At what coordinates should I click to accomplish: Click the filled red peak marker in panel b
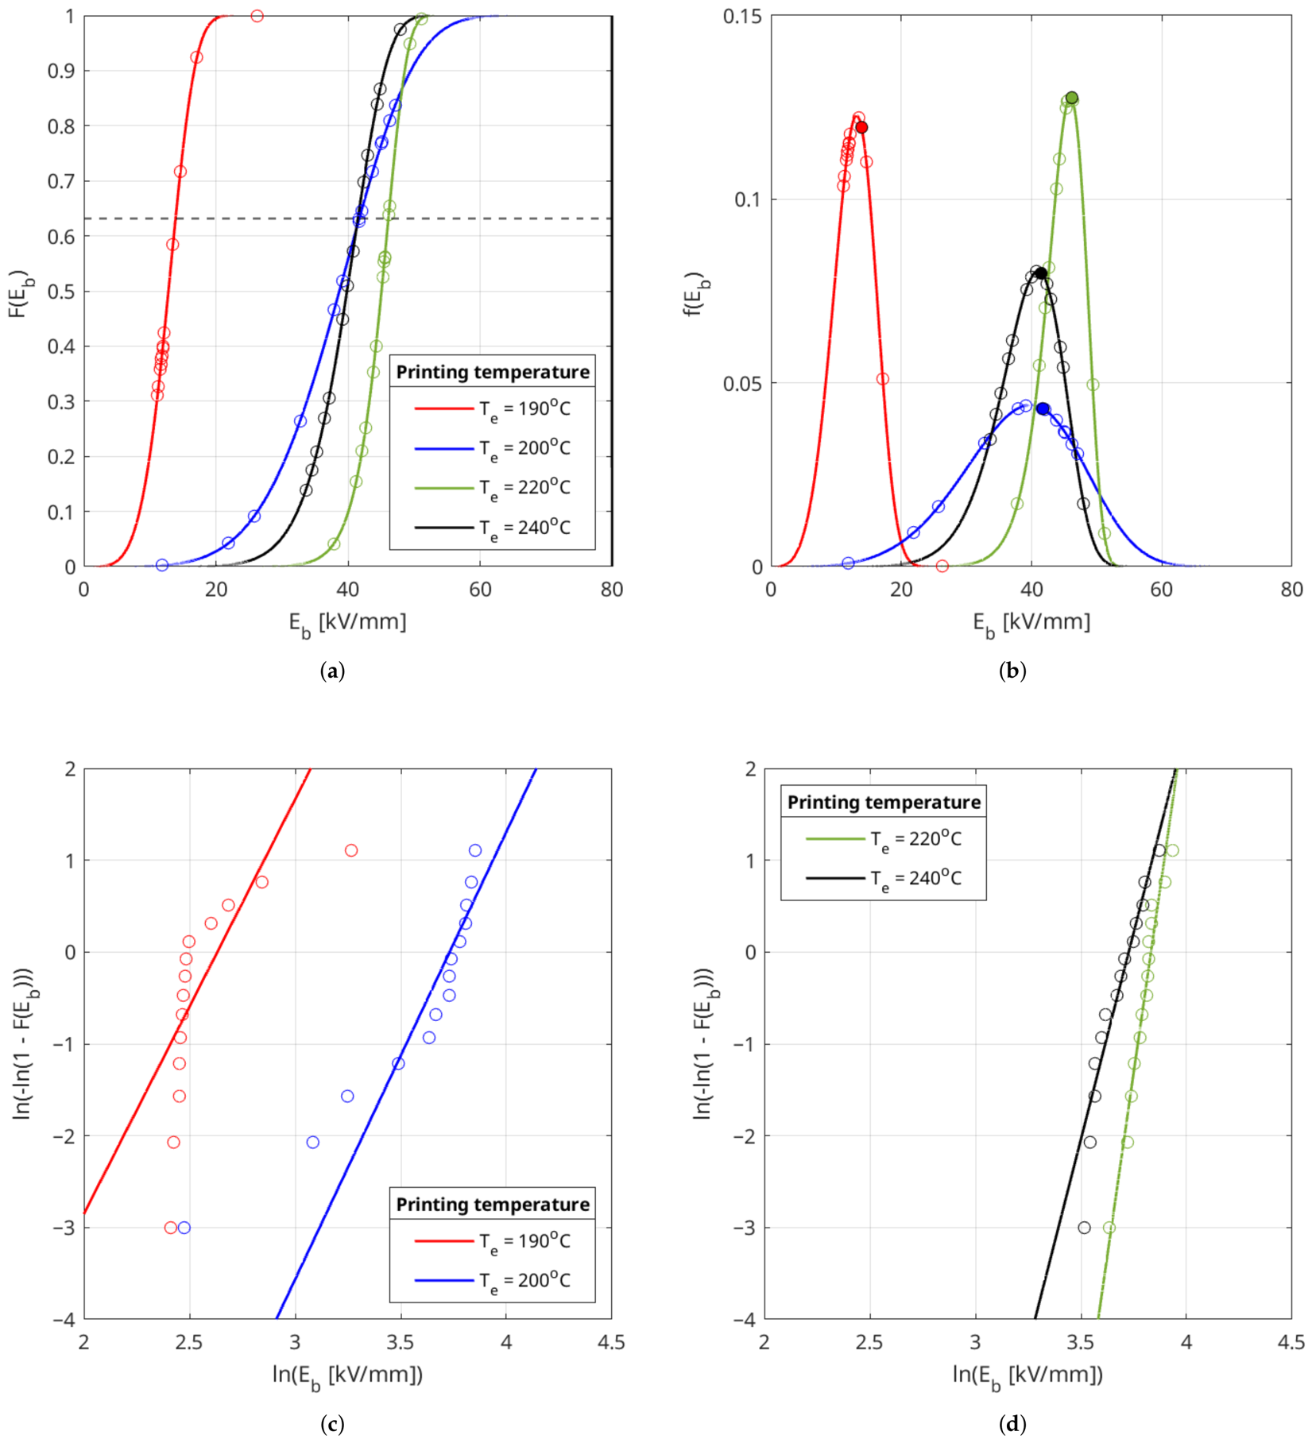tap(861, 127)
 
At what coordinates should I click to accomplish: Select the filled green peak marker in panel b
tap(1072, 98)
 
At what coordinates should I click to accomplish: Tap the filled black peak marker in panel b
tap(1041, 273)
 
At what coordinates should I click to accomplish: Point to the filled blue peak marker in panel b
tap(1043, 408)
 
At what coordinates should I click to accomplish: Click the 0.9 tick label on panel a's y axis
tap(62, 71)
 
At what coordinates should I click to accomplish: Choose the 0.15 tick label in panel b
tap(741, 16)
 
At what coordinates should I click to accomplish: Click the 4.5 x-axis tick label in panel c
tap(611, 1342)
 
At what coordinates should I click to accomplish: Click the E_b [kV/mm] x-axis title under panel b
tap(1031, 622)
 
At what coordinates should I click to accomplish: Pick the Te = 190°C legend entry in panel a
tap(493, 409)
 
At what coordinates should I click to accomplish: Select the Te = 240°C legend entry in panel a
tap(493, 528)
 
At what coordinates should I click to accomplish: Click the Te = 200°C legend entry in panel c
tap(493, 1281)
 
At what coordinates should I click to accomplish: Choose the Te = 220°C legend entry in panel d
tap(884, 839)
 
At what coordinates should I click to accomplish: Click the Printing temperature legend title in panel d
tap(884, 803)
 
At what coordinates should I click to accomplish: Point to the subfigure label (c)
tap(332, 1423)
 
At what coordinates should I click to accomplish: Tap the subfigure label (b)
tap(1012, 671)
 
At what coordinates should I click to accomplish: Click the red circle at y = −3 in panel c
tap(170, 1228)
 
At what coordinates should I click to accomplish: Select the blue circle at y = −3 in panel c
tap(184, 1228)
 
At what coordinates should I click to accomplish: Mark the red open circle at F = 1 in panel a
tap(257, 16)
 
